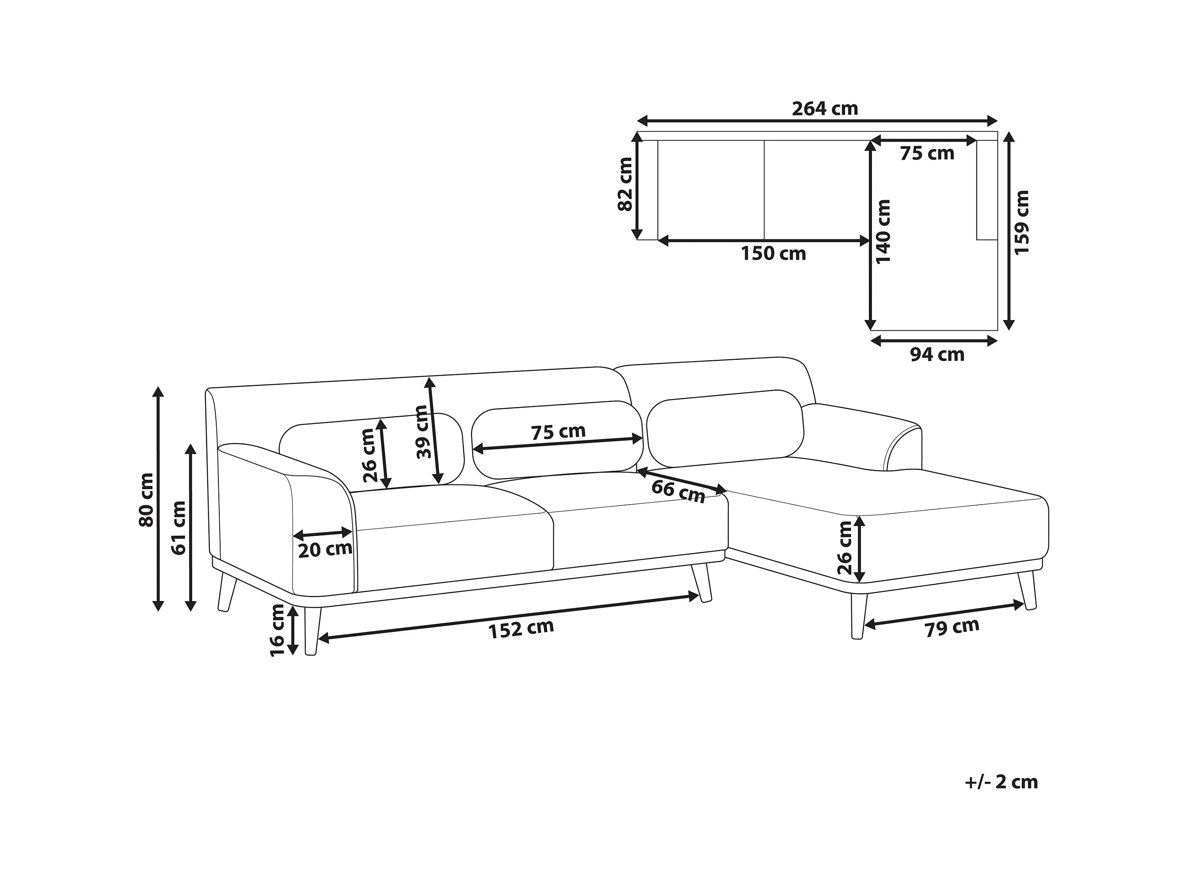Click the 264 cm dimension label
pyautogui.click(x=825, y=109)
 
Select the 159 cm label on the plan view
pyautogui.click(x=1021, y=222)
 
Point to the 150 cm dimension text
pyautogui.click(x=773, y=254)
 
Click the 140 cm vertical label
pyautogui.click(x=884, y=232)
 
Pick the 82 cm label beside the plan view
pyautogui.click(x=626, y=184)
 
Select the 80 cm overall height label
pyautogui.click(x=146, y=499)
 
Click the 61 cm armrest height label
pyautogui.click(x=178, y=527)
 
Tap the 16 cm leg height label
pyautogui.click(x=277, y=630)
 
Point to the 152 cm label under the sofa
pyautogui.click(x=520, y=629)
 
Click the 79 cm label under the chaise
pyautogui.click(x=952, y=627)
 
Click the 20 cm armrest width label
pyautogui.click(x=325, y=550)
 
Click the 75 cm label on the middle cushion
pyautogui.click(x=558, y=432)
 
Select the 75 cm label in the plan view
pyautogui.click(x=927, y=154)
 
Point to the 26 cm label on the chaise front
pyautogui.click(x=845, y=548)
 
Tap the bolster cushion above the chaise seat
pyautogui.click(x=725, y=428)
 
